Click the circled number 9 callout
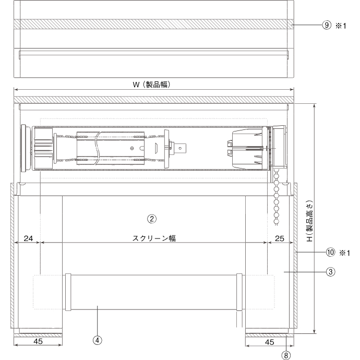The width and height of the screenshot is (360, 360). point(327,24)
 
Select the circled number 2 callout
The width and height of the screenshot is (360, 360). point(151,218)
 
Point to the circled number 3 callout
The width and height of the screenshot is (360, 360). point(330,271)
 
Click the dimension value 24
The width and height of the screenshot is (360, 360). point(28,238)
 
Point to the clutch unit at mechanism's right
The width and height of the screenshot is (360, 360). point(248,148)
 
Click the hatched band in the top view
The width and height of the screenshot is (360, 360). point(151,24)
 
